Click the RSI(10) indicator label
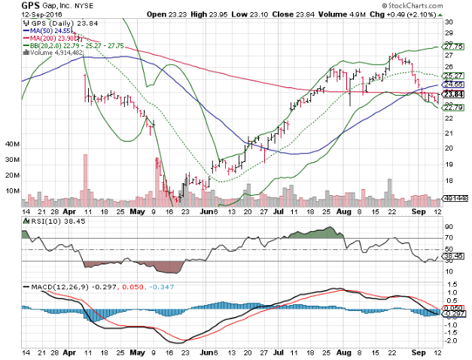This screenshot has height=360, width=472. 44,222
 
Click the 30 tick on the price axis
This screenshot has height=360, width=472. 447,22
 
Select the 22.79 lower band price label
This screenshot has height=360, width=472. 452,107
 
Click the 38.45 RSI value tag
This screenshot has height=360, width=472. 452,256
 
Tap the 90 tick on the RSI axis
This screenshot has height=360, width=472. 448,226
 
